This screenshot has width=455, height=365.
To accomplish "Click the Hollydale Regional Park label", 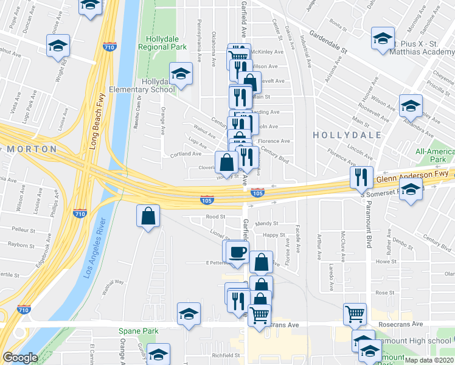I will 162,42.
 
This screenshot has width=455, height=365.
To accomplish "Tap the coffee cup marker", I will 237,252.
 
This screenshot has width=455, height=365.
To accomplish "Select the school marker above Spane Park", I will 189,314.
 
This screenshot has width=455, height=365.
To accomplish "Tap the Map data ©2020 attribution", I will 429,360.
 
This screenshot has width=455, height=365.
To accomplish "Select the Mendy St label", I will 266,223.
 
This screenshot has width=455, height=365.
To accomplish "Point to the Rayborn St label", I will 21,245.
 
